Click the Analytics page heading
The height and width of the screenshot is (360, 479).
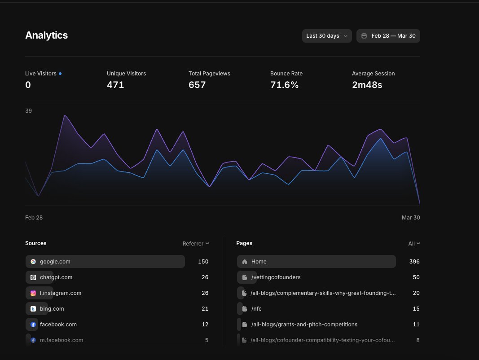point(46,35)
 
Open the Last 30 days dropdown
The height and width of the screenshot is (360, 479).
point(326,36)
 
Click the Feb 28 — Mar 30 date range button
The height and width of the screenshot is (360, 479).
point(388,36)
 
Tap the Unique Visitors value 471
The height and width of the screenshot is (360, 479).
point(115,85)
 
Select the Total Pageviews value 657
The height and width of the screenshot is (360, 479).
point(197,85)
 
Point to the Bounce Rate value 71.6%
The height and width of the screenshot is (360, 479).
point(284,85)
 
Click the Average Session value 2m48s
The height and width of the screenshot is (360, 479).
point(367,85)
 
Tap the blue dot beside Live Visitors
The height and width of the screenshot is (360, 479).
point(60,73)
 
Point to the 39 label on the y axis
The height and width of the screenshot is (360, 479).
point(28,110)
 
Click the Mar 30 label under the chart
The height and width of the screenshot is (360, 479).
point(411,217)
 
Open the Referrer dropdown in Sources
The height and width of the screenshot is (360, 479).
point(196,243)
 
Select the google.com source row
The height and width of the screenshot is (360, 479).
point(105,261)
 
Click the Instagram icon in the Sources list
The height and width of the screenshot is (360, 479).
point(33,293)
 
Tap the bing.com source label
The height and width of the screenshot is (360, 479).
point(52,309)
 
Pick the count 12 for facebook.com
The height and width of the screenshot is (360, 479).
point(205,325)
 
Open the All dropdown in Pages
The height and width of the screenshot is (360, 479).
point(414,243)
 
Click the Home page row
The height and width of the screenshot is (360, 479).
point(316,261)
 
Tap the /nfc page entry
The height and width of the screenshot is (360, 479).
point(256,309)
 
